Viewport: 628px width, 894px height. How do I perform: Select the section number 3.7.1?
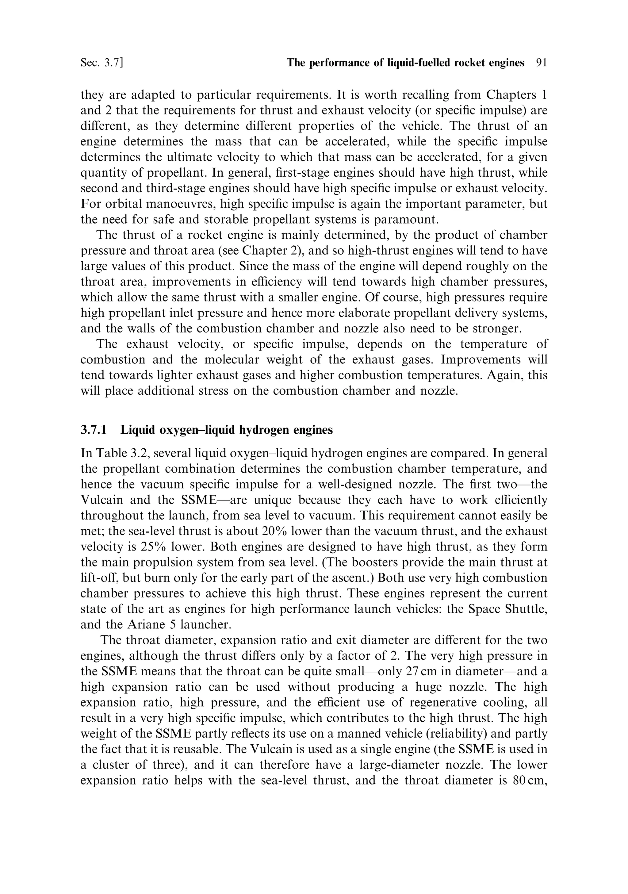(x=94, y=430)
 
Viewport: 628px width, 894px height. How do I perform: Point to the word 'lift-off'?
(x=99, y=578)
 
